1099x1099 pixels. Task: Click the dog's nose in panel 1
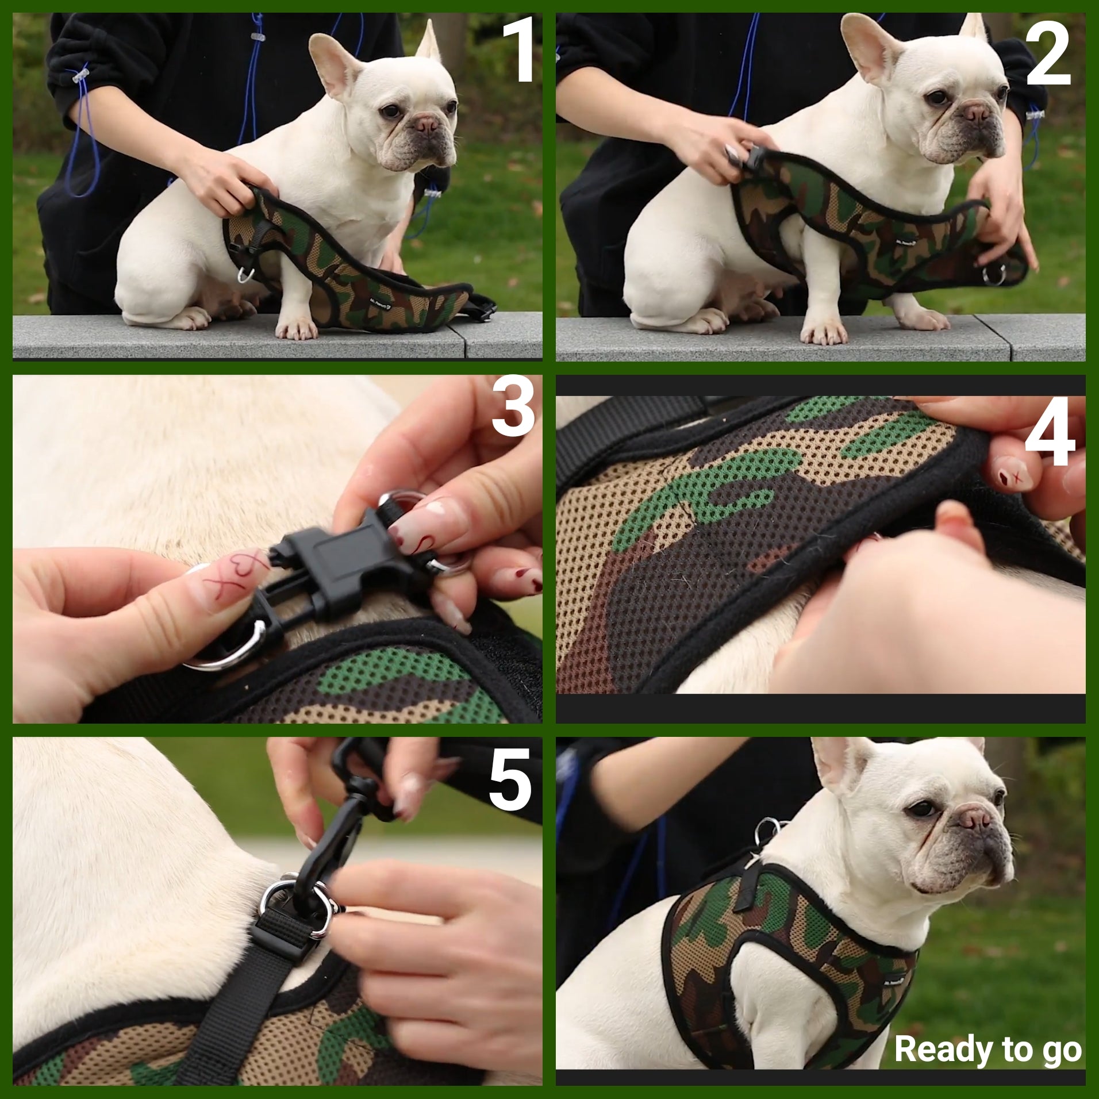[x=428, y=125]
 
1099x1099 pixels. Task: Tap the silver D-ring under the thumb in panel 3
[x=230, y=650]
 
